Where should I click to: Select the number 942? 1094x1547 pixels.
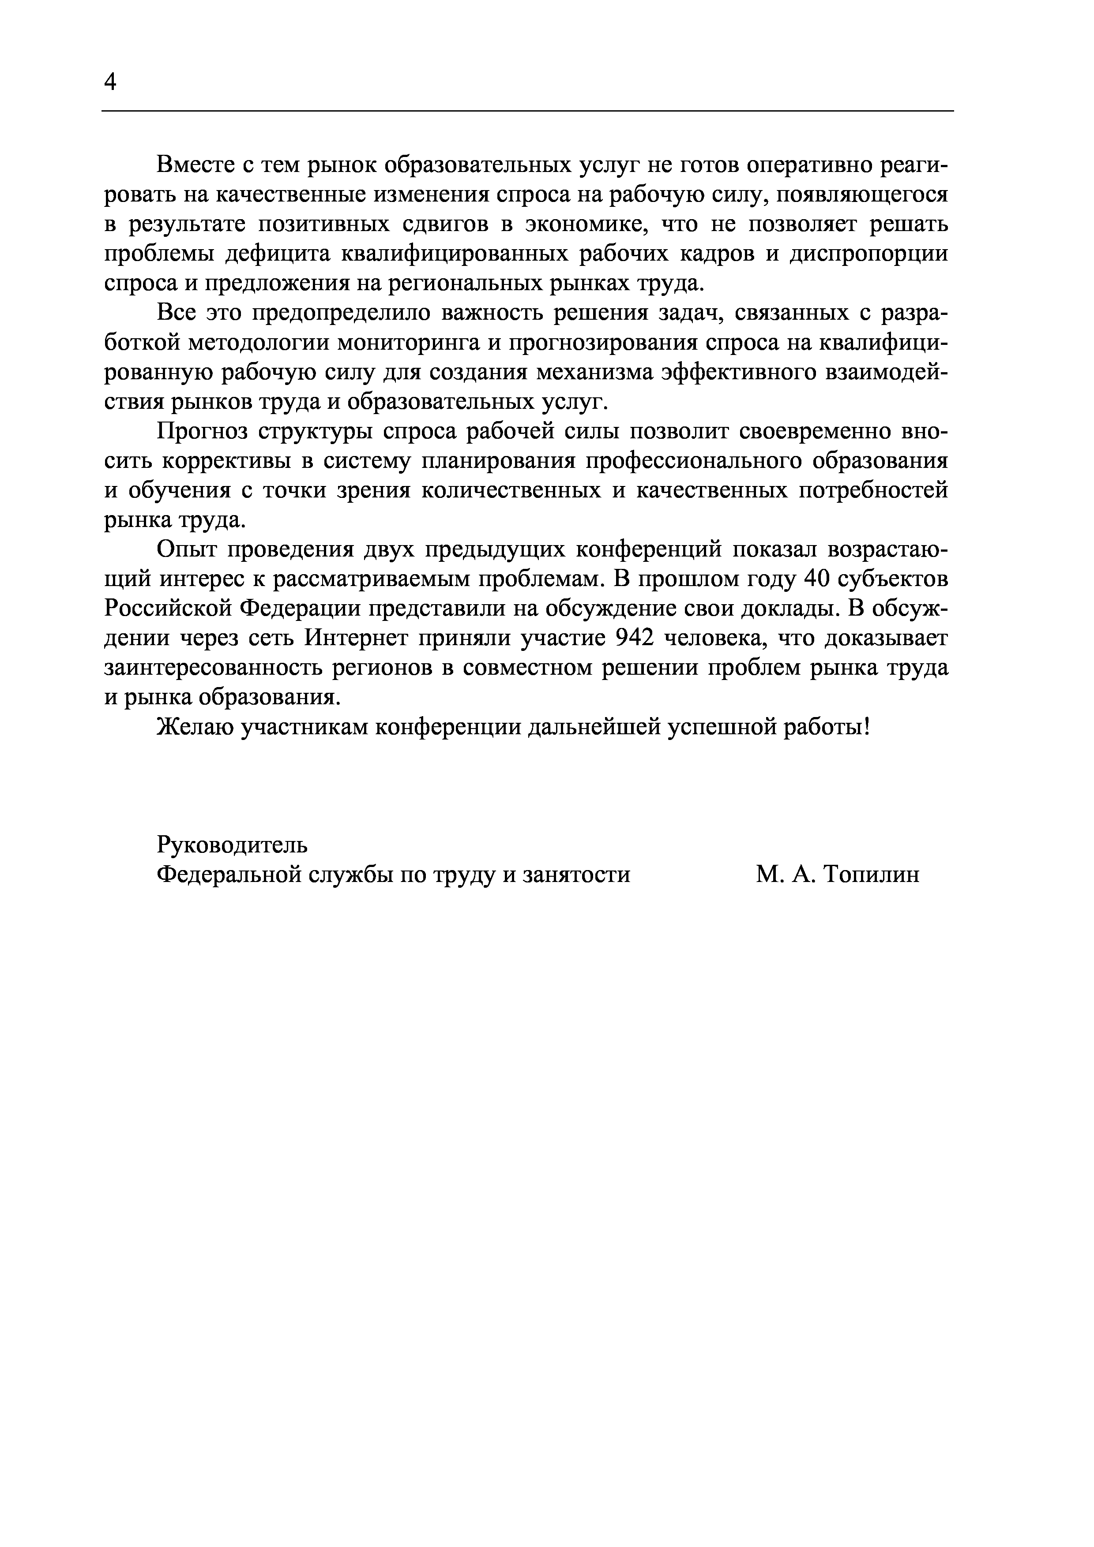coord(635,638)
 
